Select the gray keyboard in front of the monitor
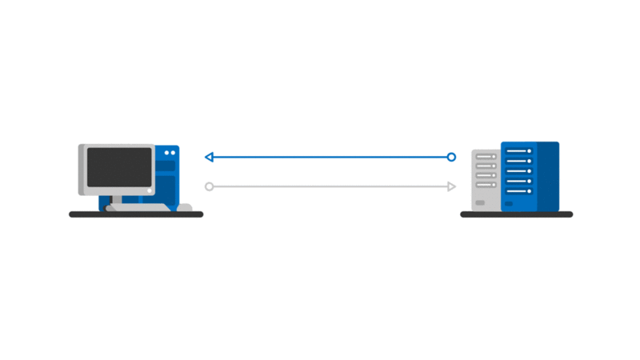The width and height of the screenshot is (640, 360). (138, 207)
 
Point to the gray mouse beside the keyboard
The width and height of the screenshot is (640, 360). (184, 208)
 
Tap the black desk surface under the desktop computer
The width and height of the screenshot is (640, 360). (136, 214)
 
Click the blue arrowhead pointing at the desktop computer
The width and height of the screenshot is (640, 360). (209, 157)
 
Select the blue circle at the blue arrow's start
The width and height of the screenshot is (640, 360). (451, 157)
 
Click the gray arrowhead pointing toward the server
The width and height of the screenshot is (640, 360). (451, 186)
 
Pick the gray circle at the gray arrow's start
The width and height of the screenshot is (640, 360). (209, 186)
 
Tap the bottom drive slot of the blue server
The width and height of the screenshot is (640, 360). (518, 190)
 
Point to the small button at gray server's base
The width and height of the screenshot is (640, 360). (480, 203)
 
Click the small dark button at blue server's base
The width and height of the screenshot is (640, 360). (512, 204)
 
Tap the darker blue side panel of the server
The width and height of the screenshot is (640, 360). (548, 176)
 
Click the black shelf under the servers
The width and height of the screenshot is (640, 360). (517, 214)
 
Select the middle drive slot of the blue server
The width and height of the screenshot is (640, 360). (518, 170)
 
